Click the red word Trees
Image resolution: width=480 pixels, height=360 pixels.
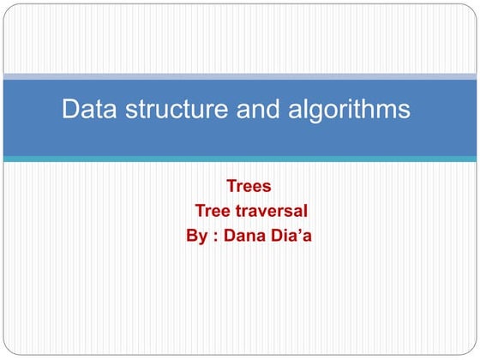[249, 185]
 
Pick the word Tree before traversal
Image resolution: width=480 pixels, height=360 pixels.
[213, 210]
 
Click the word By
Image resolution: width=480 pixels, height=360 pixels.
[196, 235]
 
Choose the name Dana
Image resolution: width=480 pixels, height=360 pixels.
[243, 235]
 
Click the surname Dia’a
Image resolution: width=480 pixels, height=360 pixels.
[291, 235]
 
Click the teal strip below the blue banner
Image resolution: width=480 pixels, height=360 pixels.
[240, 159]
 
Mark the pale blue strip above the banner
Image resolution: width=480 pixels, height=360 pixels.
[240, 75]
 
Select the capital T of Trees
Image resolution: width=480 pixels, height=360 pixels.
[231, 185]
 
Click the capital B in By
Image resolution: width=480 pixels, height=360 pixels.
[192, 235]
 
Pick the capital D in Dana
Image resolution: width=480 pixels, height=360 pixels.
[228, 235]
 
